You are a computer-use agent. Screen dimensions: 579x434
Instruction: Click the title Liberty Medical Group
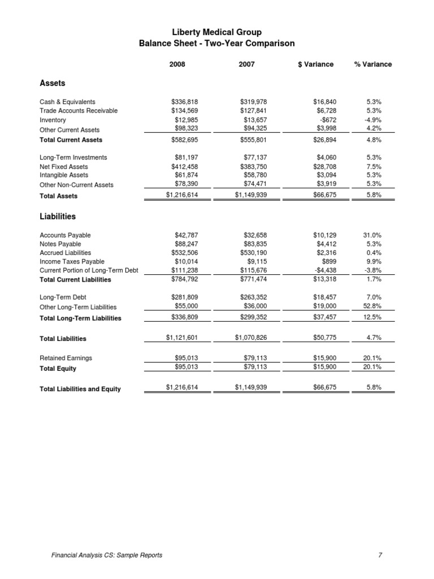(216, 33)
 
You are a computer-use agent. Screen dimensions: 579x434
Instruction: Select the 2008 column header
(177, 64)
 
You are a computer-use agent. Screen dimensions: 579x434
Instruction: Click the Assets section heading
(52, 83)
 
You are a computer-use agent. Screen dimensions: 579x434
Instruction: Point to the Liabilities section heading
(57, 217)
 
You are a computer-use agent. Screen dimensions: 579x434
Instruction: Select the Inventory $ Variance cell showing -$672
(327, 120)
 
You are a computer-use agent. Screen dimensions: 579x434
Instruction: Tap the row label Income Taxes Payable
(72, 262)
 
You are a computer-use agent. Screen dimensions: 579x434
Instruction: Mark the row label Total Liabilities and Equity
(80, 388)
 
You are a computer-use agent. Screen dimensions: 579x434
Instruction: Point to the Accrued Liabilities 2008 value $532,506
(184, 253)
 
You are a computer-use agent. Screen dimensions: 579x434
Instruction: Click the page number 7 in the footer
(380, 555)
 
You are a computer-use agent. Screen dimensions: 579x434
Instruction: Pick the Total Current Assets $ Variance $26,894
(324, 139)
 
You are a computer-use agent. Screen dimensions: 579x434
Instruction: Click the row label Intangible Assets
(64, 175)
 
